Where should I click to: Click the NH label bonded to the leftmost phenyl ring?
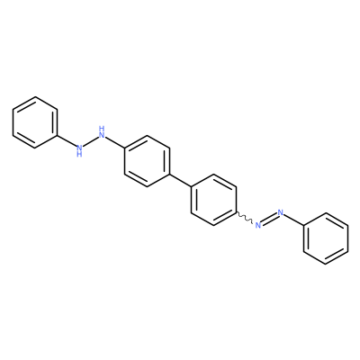pos(79,150)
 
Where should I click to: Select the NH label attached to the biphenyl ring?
pos(102,131)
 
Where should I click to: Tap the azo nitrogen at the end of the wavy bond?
pos(257,225)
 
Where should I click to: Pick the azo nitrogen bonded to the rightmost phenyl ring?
pos(281,212)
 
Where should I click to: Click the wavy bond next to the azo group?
pos(245,218)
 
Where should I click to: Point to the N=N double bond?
pos(269,219)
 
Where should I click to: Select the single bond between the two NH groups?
pos(91,141)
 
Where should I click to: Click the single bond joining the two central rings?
pos(181,180)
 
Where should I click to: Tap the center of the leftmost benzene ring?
pos(35,122)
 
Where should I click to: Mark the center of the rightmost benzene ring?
pos(326,238)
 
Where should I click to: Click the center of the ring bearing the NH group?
pos(147,161)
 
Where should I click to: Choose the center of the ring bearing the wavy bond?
pos(214,200)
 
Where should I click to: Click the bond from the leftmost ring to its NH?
pos(67,141)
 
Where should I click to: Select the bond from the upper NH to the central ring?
pos(115,141)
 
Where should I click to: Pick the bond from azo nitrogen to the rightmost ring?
pos(293,219)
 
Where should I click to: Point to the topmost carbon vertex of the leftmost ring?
pos(35,96)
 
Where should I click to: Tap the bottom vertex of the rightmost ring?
pos(326,265)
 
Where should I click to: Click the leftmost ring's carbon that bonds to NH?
pos(57,135)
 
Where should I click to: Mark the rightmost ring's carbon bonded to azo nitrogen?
pos(303,225)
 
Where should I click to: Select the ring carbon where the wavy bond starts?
pos(237,212)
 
